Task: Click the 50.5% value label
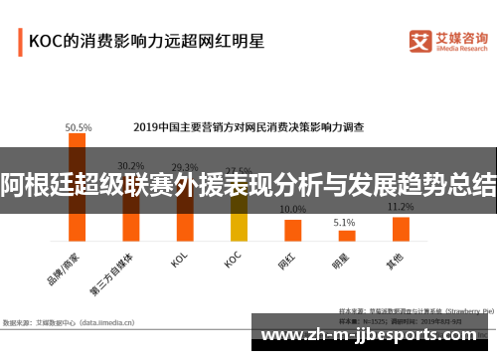point(79,127)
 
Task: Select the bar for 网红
point(292,230)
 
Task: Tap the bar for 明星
point(345,236)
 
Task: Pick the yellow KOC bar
point(239,218)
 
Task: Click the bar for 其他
point(401,229)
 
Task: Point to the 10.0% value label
point(292,210)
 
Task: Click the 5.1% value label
point(345,223)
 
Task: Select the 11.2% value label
point(401,207)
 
